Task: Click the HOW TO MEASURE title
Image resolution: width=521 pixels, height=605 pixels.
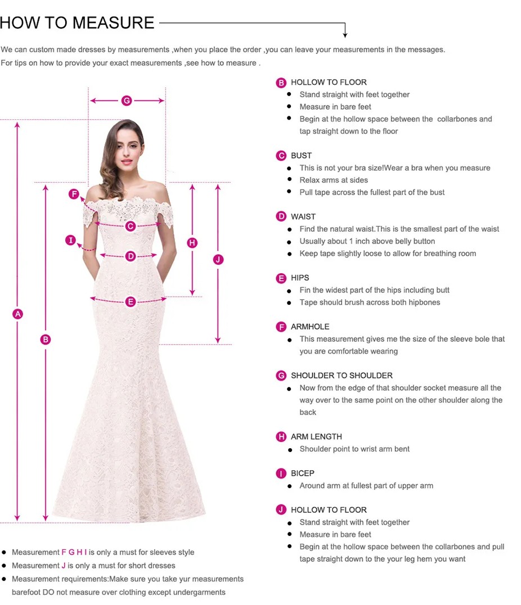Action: [x=77, y=22]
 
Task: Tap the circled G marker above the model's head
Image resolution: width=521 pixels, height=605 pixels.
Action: [x=126, y=101]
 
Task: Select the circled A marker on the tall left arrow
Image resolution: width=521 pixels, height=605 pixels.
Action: [x=17, y=314]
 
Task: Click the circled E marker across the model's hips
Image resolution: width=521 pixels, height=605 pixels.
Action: [x=131, y=302]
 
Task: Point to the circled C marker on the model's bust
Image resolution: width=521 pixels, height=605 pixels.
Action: [x=131, y=226]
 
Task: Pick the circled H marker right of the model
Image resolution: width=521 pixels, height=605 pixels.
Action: [x=192, y=243]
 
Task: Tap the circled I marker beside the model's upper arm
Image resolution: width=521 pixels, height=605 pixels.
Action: [x=70, y=241]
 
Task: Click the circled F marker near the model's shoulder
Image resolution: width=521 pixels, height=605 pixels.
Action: [x=74, y=194]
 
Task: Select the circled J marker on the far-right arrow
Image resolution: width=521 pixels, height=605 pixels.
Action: [x=218, y=259]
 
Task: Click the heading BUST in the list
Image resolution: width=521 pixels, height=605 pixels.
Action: [x=301, y=156]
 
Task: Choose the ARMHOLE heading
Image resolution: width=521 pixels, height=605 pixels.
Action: [x=310, y=327]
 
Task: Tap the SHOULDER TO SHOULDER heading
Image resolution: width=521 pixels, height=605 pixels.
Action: [x=342, y=376]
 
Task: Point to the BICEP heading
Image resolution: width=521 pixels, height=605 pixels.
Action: [x=303, y=473]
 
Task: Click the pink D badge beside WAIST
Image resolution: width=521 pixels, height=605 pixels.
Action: [x=281, y=216]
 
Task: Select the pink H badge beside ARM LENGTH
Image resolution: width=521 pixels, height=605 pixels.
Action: [x=281, y=437]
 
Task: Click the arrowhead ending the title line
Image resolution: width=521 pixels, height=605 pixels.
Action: [x=345, y=35]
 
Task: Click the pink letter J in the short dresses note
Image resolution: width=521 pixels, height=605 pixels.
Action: [x=64, y=566]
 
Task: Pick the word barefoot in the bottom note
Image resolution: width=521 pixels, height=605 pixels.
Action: [x=26, y=592]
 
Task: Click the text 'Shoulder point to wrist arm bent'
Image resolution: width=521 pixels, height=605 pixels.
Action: [x=354, y=449]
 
